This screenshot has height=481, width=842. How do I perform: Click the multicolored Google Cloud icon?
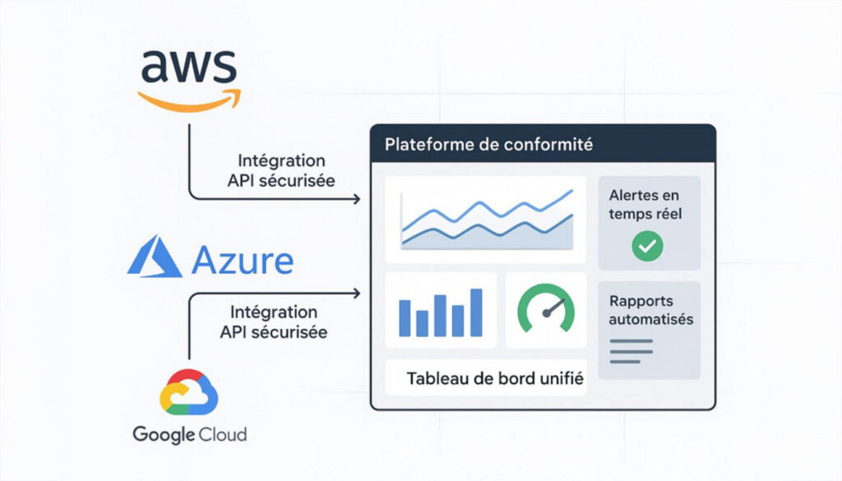(190, 391)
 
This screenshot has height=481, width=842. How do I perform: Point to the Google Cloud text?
(189, 433)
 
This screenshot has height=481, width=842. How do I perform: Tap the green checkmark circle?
(647, 244)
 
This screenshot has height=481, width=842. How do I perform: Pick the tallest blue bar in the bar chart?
(475, 312)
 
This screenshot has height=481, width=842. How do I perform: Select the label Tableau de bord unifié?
(495, 380)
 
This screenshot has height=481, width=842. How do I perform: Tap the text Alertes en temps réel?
(646, 206)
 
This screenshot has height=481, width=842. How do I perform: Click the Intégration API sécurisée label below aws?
(280, 171)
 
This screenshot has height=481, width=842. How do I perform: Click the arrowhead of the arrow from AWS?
(357, 199)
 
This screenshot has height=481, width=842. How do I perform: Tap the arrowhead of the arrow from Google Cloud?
(357, 293)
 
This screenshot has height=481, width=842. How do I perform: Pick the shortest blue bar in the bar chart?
(423, 322)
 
